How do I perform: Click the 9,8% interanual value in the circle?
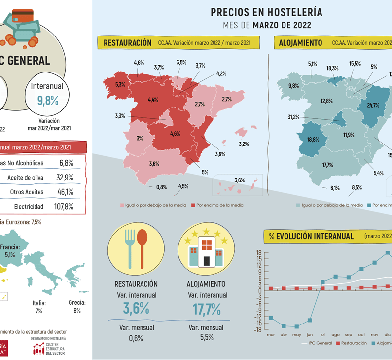click(x=48, y=101)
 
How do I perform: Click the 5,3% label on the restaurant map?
click(x=120, y=85)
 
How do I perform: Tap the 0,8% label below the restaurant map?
click(x=161, y=187)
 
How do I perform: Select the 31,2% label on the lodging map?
click(x=293, y=117)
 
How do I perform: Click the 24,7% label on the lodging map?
click(x=373, y=105)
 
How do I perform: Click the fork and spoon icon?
click(x=136, y=247)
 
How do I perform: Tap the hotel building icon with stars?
click(x=206, y=248)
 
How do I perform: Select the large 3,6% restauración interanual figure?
click(x=136, y=309)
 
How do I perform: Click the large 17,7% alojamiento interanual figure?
click(x=208, y=309)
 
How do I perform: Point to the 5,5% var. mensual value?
click(x=207, y=338)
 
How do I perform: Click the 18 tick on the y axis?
click(x=258, y=252)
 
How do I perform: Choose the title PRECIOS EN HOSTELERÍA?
click(x=266, y=12)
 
